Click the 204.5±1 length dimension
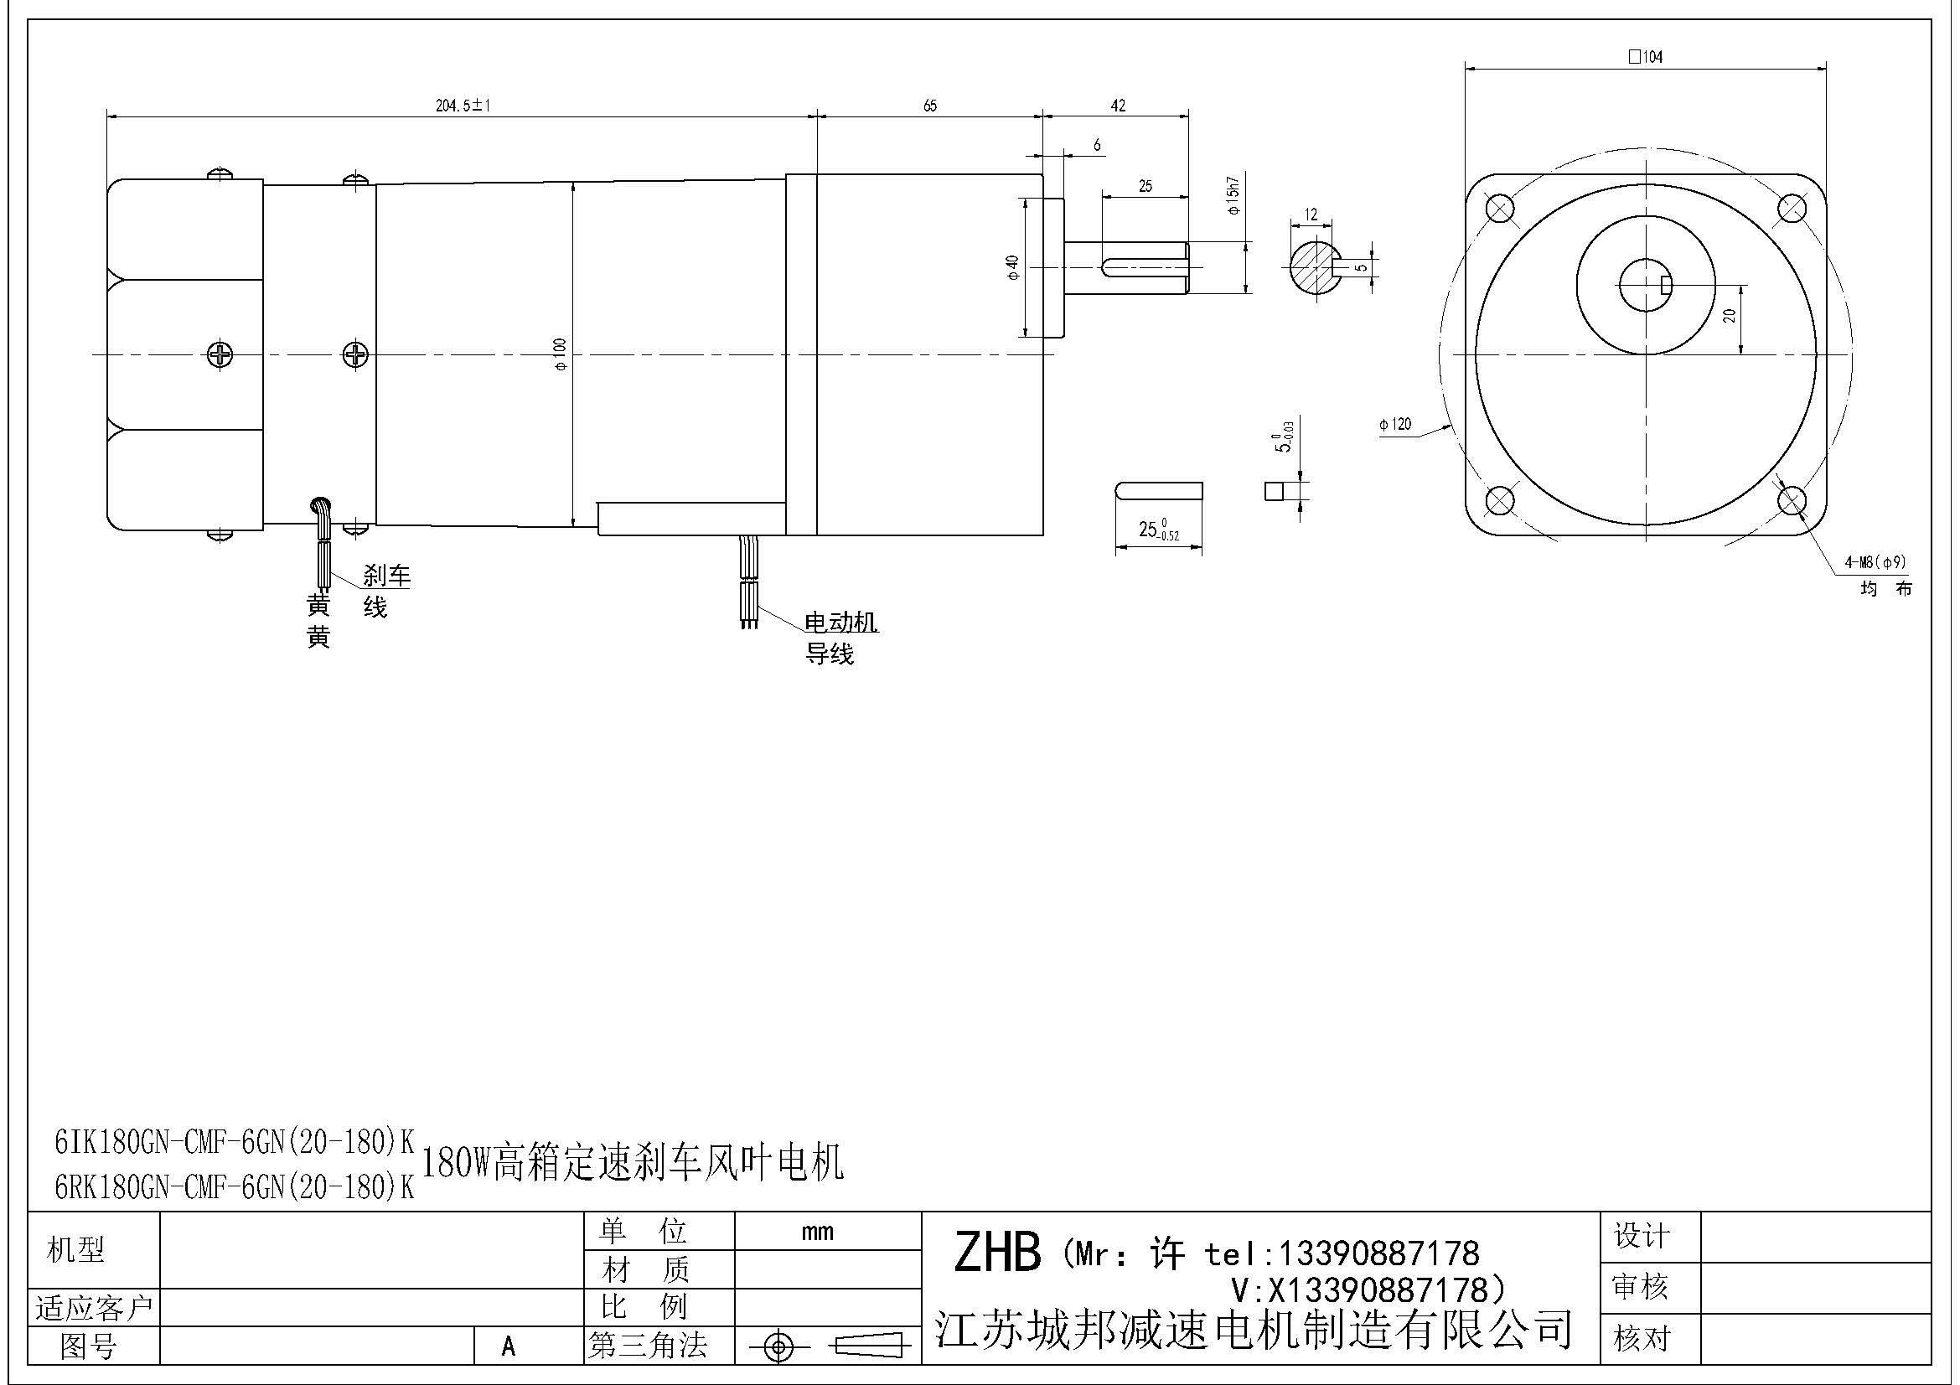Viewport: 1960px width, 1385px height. coord(463,106)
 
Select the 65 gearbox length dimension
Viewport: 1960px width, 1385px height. coord(929,106)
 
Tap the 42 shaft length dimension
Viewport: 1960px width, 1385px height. coord(1118,106)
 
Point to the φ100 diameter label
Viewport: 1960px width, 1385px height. coord(560,354)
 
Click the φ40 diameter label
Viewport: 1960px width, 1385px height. coord(1012,267)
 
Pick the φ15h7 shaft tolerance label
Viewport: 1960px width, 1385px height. coord(1232,195)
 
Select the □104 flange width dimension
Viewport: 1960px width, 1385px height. coord(1645,57)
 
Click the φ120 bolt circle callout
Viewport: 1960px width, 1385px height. coord(1395,424)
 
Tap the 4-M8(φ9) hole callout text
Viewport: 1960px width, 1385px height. coord(1875,562)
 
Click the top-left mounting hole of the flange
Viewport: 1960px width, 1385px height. coord(1499,207)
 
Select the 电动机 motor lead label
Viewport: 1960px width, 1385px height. coord(840,622)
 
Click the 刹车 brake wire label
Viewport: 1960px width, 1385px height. coord(386,575)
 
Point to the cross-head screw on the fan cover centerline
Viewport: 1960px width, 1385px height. coord(220,354)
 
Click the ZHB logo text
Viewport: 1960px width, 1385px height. coord(997,1253)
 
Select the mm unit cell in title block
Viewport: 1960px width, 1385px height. coord(817,1232)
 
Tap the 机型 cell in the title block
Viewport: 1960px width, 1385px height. coord(76,1249)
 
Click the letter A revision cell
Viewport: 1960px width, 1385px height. coord(509,1346)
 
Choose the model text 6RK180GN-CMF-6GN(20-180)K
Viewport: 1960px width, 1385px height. coord(234,1187)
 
